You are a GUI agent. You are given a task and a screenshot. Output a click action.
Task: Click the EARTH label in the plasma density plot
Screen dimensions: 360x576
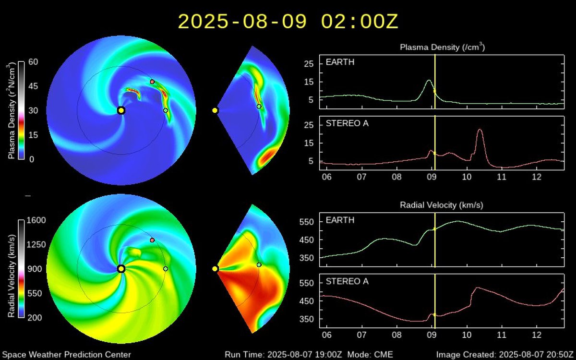pyautogui.click(x=340, y=62)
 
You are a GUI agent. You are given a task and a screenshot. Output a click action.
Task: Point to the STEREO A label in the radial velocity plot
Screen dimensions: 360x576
pyautogui.click(x=347, y=281)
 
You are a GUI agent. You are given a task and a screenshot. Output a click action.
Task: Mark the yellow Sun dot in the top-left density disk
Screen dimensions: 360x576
pyautogui.click(x=121, y=110)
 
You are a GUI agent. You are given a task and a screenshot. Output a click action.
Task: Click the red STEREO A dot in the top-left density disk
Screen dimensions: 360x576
pyautogui.click(x=152, y=82)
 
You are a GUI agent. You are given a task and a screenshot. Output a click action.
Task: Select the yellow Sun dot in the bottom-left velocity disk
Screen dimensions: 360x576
pyautogui.click(x=121, y=269)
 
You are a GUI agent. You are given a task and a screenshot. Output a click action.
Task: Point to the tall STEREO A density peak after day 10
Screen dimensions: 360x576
pyautogui.click(x=480, y=130)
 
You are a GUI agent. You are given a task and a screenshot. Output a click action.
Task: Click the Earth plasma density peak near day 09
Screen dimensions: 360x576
pyautogui.click(x=429, y=81)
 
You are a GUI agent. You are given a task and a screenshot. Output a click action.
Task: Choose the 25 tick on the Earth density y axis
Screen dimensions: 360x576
pyautogui.click(x=311, y=63)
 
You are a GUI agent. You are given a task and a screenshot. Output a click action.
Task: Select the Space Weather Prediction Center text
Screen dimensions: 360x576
pyautogui.click(x=67, y=355)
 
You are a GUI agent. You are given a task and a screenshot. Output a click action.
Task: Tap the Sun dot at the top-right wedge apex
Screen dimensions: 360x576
pyautogui.click(x=215, y=110)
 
